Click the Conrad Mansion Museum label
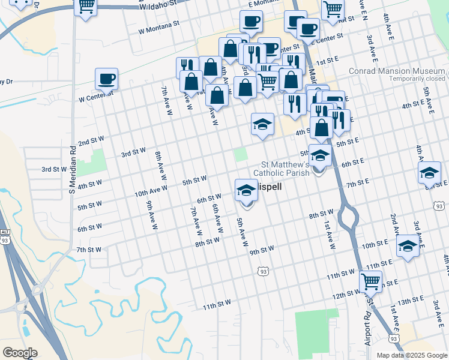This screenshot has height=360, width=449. click(397, 70)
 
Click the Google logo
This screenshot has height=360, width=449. click(19, 353)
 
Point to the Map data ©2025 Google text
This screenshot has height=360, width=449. click(412, 355)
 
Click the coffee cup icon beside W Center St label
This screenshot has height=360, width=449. click(106, 79)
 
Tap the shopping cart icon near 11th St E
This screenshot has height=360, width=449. click(371, 280)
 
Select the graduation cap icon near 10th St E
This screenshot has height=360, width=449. click(408, 245)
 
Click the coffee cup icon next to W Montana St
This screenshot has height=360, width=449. click(251, 22)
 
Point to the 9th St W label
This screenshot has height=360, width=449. click(262, 248)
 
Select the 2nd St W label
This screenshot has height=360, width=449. click(91, 142)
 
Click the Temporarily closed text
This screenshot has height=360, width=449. click(417, 79)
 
